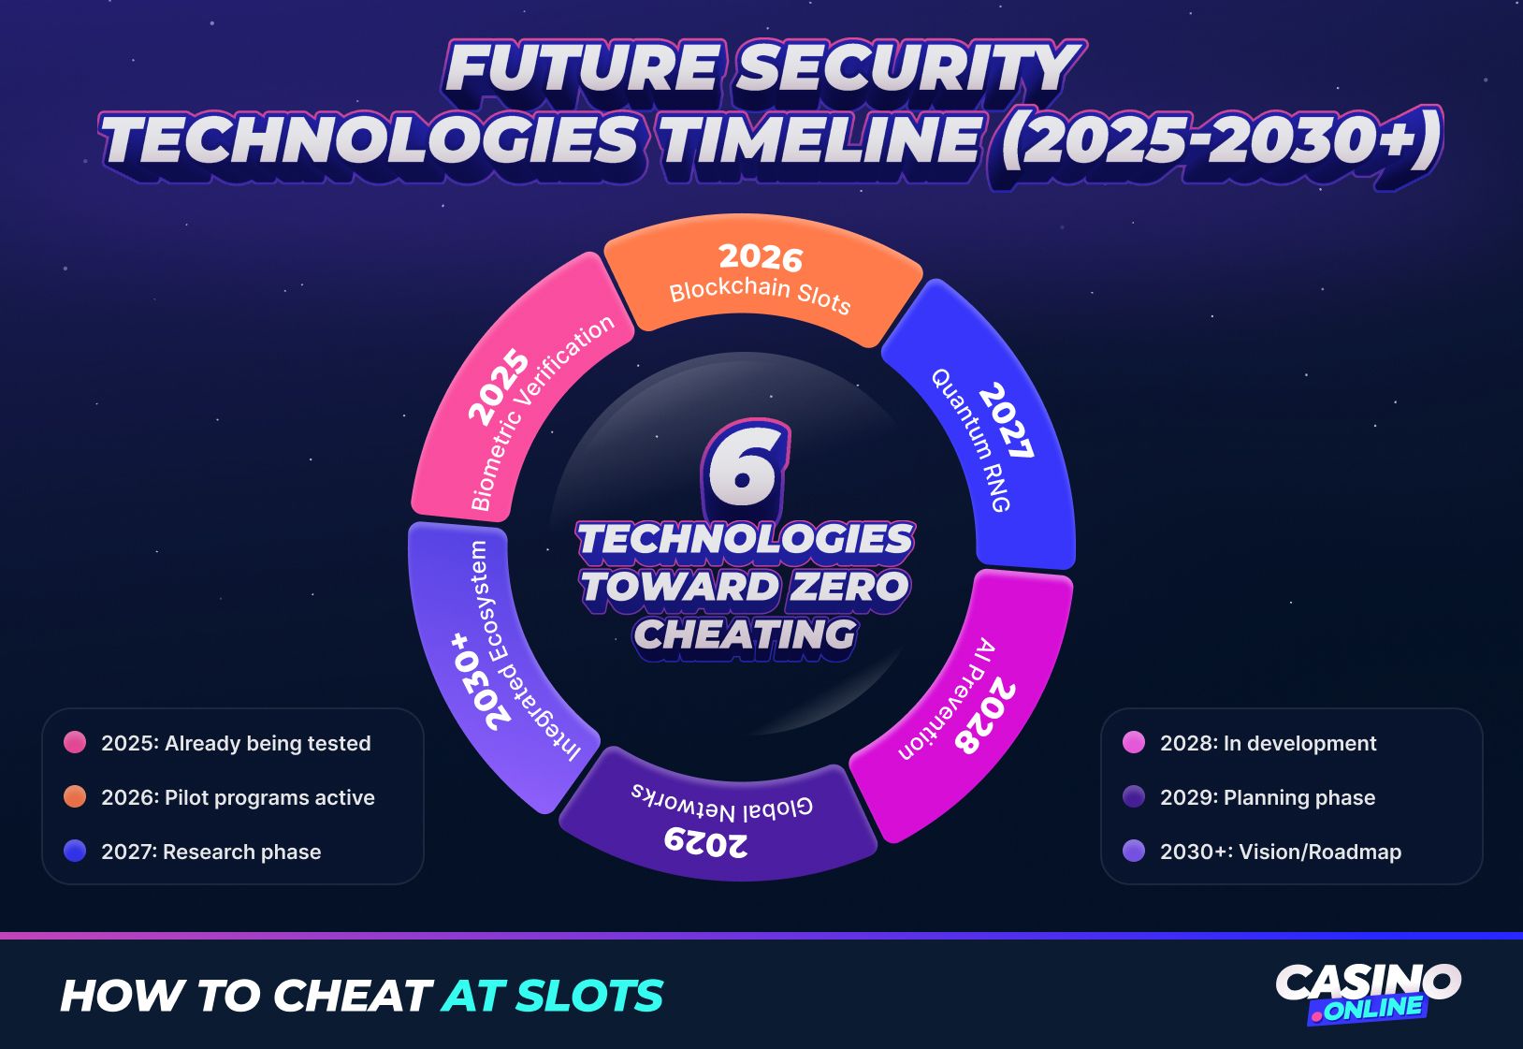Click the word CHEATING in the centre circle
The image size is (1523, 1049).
click(745, 635)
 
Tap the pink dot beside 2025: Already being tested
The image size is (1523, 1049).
click(75, 743)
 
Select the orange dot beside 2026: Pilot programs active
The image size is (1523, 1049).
click(75, 797)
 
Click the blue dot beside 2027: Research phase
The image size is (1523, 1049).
click(75, 852)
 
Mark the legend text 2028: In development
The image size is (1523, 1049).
click(1268, 743)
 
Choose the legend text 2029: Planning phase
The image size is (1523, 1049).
click(1268, 797)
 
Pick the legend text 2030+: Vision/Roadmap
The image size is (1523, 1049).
click(1280, 852)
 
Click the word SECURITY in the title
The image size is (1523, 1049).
click(904, 69)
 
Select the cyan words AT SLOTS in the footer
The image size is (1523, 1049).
click(552, 996)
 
